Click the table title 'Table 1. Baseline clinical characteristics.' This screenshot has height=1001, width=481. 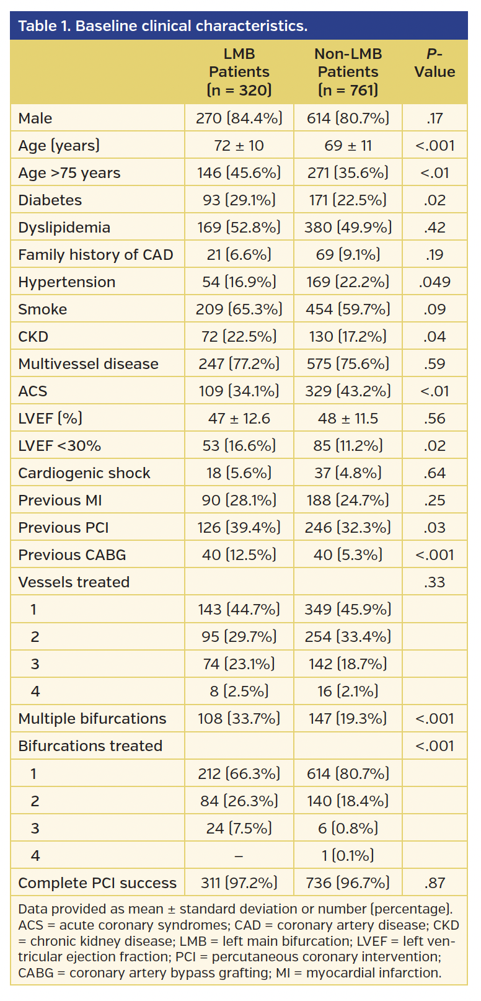[x=162, y=26]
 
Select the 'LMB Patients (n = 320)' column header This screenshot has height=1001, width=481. [x=239, y=72]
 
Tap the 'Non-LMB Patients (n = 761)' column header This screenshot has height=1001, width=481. [x=348, y=72]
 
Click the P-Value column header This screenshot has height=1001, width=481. [x=435, y=63]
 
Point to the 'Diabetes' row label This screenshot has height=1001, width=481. [x=50, y=200]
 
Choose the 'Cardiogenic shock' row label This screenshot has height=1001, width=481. [x=84, y=473]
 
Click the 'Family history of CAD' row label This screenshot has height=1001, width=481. [x=95, y=255]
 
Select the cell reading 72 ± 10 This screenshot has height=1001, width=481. [x=239, y=146]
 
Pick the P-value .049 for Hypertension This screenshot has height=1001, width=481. [x=435, y=282]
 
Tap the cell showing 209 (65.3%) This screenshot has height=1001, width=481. [x=239, y=309]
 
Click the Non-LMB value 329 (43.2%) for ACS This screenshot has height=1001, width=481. [x=348, y=391]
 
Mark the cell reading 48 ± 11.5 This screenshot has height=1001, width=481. [x=348, y=419]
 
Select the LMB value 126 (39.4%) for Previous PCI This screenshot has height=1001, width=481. [x=239, y=528]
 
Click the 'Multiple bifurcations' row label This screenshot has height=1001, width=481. [x=92, y=719]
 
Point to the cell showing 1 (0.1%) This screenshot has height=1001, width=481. [x=348, y=856]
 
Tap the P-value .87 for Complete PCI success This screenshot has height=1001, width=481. [x=435, y=883]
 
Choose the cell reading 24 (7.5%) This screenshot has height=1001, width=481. [x=239, y=829]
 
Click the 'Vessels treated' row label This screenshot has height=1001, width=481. [x=74, y=582]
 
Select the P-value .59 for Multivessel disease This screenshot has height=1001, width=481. [x=435, y=364]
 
